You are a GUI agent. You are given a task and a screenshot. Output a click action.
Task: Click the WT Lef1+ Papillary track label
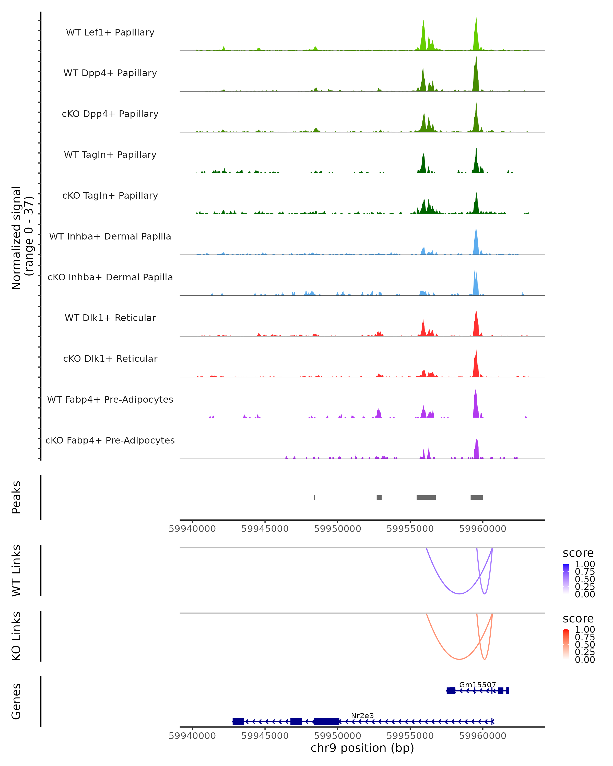pyautogui.click(x=110, y=32)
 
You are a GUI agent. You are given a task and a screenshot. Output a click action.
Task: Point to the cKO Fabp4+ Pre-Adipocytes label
pyautogui.click(x=110, y=440)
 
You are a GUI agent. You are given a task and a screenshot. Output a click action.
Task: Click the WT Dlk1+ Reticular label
pyautogui.click(x=110, y=318)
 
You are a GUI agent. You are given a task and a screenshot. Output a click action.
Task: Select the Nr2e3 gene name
pyautogui.click(x=362, y=715)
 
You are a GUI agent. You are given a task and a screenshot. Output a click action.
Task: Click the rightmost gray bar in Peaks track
pyautogui.click(x=477, y=497)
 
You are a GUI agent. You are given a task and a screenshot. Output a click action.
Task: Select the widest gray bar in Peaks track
pyautogui.click(x=426, y=497)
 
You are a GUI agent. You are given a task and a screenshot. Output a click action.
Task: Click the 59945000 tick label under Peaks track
pyautogui.click(x=265, y=529)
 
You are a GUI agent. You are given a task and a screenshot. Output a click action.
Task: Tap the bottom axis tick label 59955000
pyautogui.click(x=410, y=736)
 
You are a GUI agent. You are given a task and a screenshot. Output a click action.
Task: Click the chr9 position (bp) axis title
pyautogui.click(x=362, y=748)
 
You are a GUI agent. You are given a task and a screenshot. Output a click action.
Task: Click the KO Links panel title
pyautogui.click(x=16, y=636)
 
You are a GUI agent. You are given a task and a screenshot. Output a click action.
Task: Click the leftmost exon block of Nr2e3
pyautogui.click(x=238, y=722)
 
